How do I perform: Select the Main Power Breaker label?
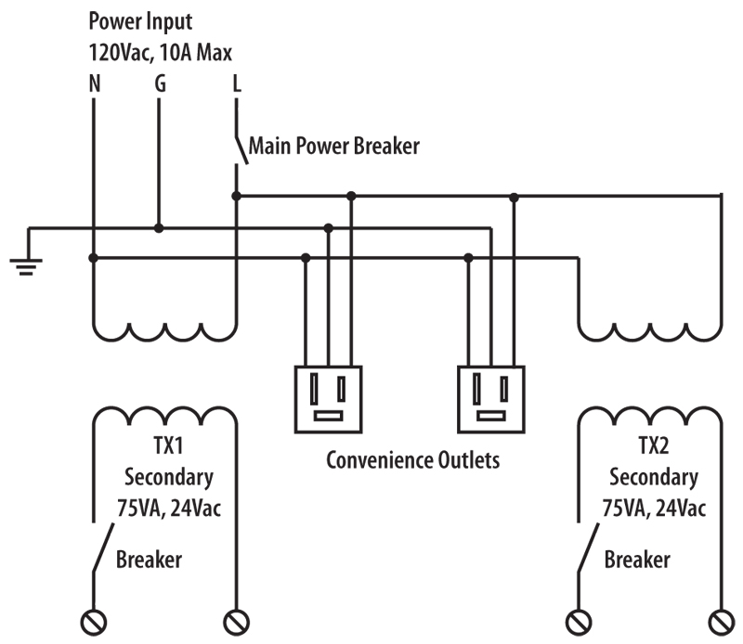[x=332, y=146]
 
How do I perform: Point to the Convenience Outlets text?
[x=412, y=460]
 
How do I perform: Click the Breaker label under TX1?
[x=149, y=560]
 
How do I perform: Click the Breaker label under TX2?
[x=637, y=560]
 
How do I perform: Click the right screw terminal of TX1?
[x=237, y=620]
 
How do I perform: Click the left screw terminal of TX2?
[x=579, y=620]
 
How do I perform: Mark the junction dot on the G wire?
[x=160, y=227]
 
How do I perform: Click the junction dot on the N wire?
[x=93, y=258]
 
